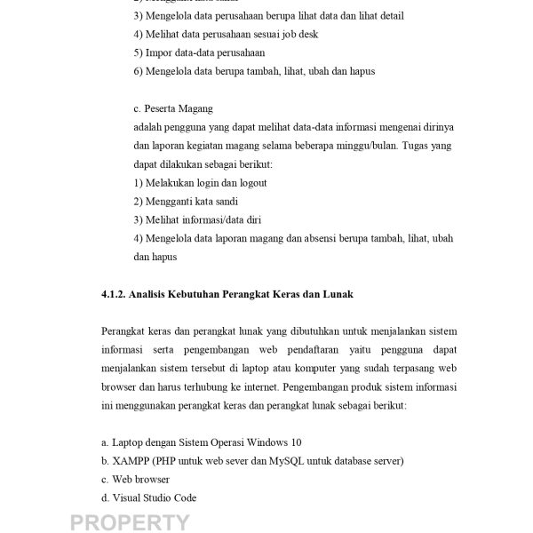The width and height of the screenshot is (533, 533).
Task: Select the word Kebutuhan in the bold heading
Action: [219, 294]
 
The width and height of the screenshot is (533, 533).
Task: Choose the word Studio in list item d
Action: [154, 497]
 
